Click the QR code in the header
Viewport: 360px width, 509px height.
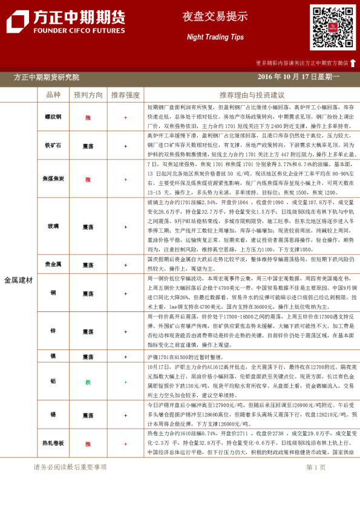pyautogui.click(x=333, y=28)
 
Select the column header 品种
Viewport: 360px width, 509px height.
pyautogui.click(x=53, y=96)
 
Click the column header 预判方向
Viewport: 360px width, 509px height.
pyautogui.click(x=88, y=96)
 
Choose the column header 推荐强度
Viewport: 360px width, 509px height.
pyautogui.click(x=125, y=96)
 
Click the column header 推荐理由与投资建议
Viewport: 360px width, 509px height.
pyautogui.click(x=252, y=96)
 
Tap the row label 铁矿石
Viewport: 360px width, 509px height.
pyautogui.click(x=53, y=146)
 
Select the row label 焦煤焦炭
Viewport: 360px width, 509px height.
pyautogui.click(x=53, y=179)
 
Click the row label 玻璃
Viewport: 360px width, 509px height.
pyautogui.click(x=53, y=226)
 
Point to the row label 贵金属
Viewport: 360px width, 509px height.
pyautogui.click(x=53, y=265)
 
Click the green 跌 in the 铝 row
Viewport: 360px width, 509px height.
pyautogui.click(x=88, y=381)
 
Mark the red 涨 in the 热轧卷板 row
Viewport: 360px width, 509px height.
pyautogui.click(x=88, y=443)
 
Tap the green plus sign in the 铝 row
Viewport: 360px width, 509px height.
pyautogui.click(x=125, y=381)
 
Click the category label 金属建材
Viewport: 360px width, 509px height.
pyautogui.click(x=18, y=280)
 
